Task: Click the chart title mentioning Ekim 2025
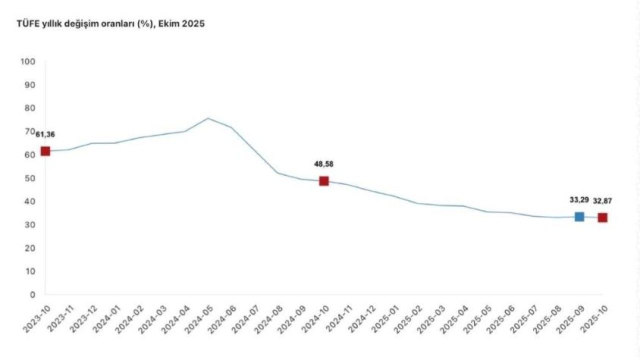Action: (x=110, y=24)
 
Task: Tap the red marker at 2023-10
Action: (x=45, y=151)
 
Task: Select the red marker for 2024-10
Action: (x=323, y=180)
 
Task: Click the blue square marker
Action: (x=579, y=216)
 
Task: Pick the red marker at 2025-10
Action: (x=602, y=217)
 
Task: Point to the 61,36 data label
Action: (x=45, y=134)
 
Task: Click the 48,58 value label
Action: (x=323, y=163)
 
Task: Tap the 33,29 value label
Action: (x=579, y=200)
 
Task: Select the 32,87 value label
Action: (x=602, y=201)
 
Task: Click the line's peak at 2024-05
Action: (x=208, y=118)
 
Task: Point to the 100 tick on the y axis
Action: (x=27, y=61)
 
